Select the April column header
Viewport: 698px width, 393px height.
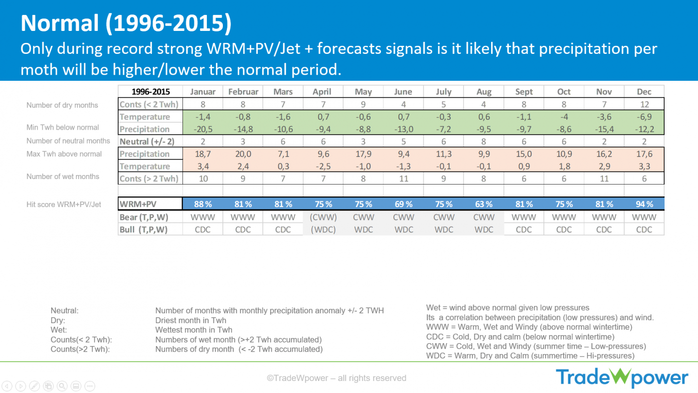click(x=323, y=92)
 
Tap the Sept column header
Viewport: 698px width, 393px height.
click(x=523, y=92)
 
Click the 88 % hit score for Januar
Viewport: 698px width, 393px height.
click(x=203, y=204)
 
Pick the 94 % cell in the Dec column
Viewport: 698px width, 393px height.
click(x=644, y=204)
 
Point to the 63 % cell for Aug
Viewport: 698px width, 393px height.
click(x=484, y=204)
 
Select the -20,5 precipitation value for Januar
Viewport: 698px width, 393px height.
click(x=203, y=129)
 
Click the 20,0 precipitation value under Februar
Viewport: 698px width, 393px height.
click(x=243, y=154)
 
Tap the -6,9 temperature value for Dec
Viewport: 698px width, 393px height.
click(x=644, y=117)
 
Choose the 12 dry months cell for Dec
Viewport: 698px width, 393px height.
click(x=644, y=104)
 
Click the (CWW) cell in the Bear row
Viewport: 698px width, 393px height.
click(x=323, y=217)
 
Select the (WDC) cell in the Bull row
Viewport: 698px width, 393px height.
click(x=323, y=230)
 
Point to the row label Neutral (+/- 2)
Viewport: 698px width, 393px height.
click(x=147, y=142)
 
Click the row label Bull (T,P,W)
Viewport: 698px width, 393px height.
click(x=144, y=230)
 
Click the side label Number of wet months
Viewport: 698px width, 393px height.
click(x=63, y=177)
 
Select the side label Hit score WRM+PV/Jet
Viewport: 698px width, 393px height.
click(x=64, y=204)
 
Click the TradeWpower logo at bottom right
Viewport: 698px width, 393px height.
click(x=622, y=378)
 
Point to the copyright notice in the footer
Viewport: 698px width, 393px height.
click(x=337, y=378)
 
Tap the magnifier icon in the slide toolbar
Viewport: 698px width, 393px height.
click(x=62, y=386)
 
